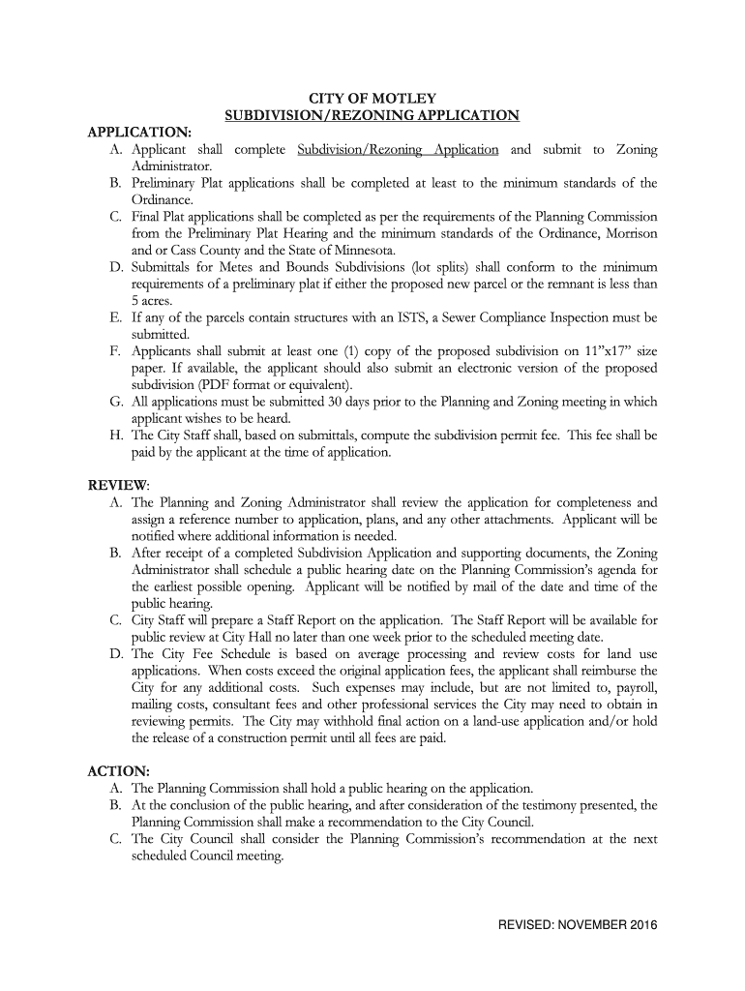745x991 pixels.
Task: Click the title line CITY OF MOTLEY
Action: (372, 99)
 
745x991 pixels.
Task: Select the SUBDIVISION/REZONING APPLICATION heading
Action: (372, 116)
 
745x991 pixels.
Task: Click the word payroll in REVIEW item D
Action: (634, 687)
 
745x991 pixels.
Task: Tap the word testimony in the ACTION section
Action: (521, 805)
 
